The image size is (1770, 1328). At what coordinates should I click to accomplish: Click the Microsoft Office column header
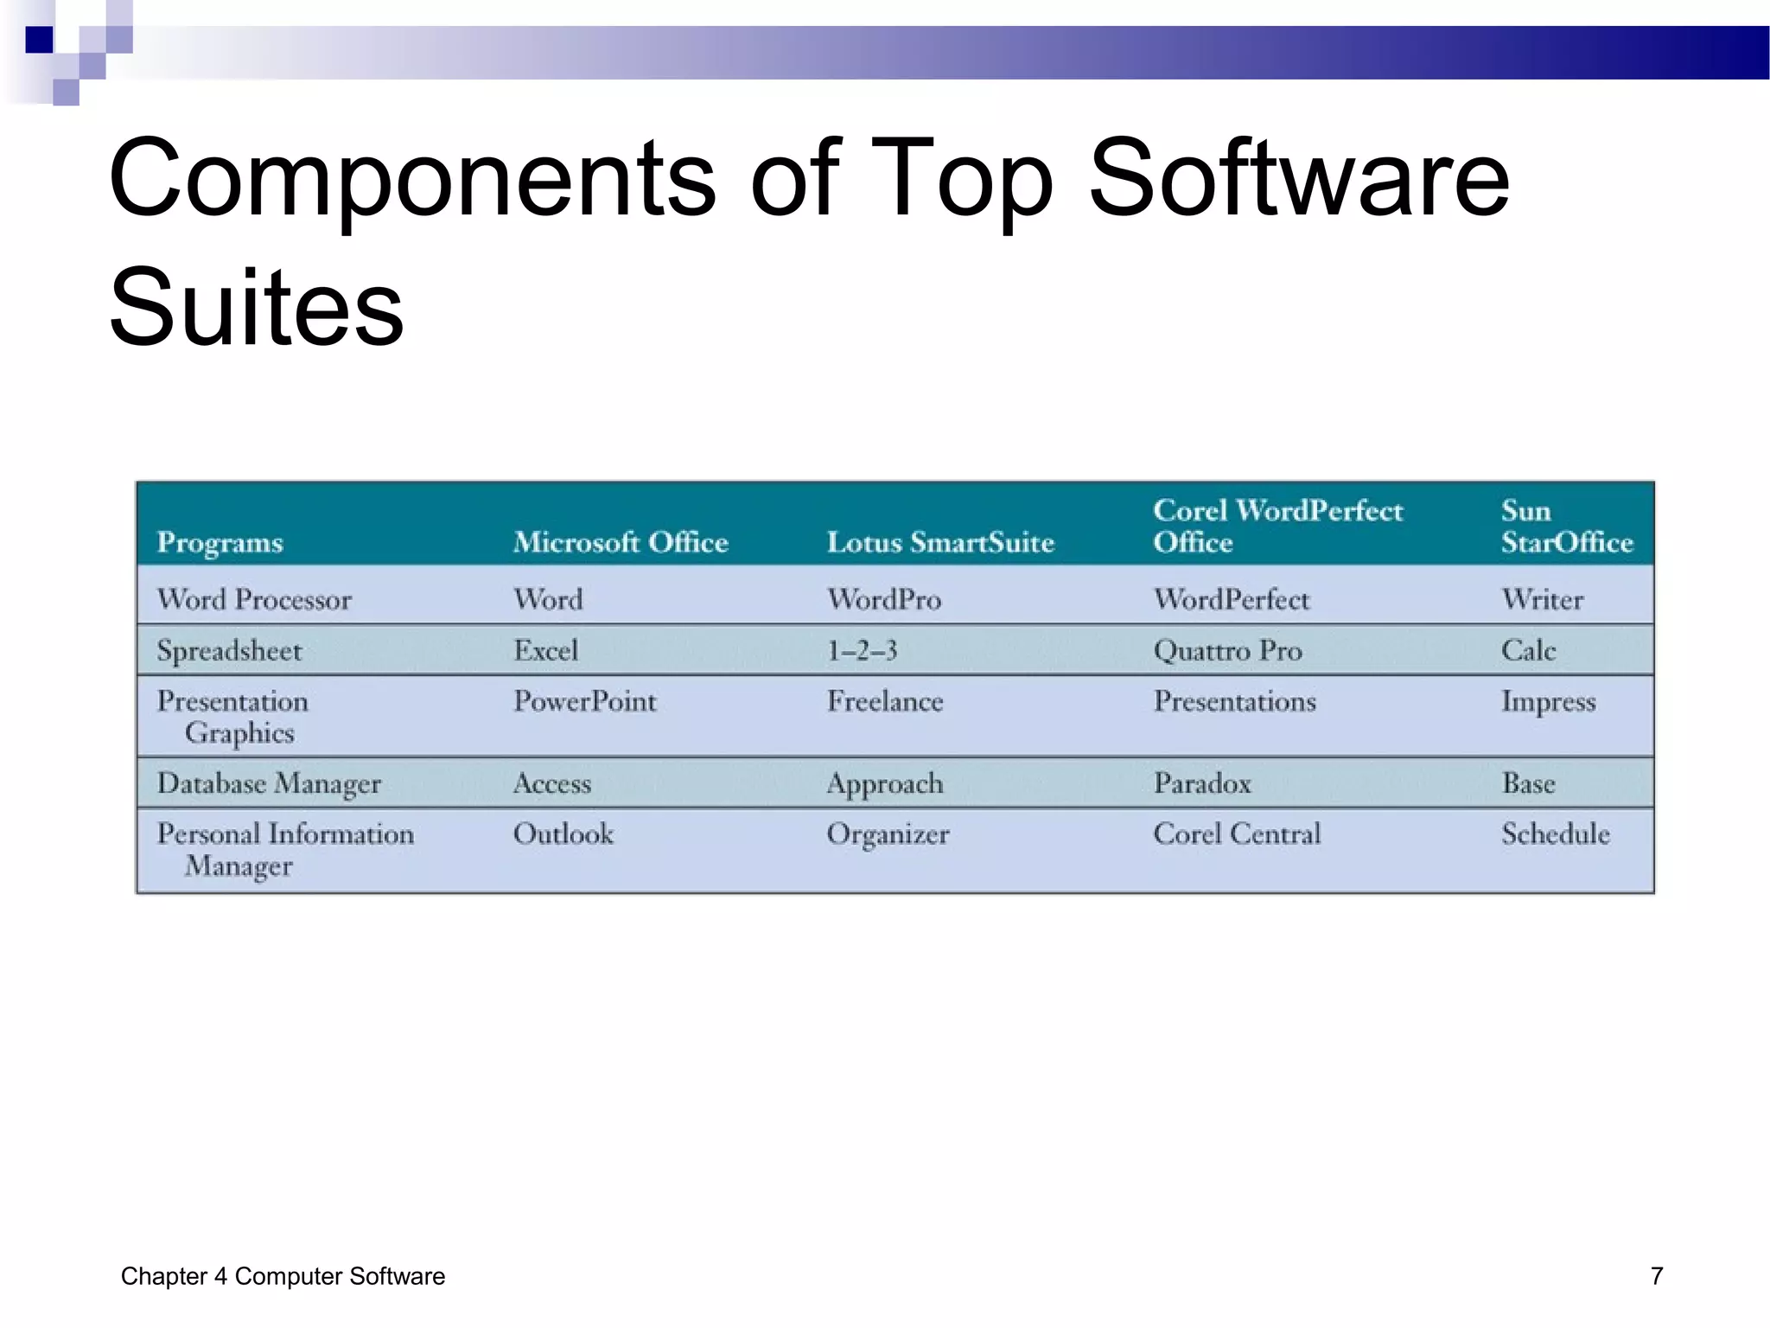tap(621, 542)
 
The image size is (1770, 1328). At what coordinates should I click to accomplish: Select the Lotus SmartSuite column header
tap(940, 542)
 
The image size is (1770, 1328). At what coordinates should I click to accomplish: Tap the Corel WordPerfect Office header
tap(1277, 526)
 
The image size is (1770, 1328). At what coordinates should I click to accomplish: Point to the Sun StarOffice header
tap(1566, 526)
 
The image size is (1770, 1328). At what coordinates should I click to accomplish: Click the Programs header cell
tap(220, 542)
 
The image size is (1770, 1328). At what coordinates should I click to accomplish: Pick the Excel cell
tap(545, 650)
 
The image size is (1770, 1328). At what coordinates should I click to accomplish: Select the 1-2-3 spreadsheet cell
tap(862, 650)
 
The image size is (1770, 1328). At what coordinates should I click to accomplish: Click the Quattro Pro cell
tap(1227, 650)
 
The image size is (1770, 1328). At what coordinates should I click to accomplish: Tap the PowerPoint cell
tap(585, 701)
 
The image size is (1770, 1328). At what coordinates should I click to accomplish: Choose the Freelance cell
tap(885, 701)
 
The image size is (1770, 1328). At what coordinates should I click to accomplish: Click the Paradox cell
tap(1202, 783)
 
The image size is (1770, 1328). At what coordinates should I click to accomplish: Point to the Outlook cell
tap(563, 834)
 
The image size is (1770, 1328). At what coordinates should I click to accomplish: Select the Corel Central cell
tap(1237, 834)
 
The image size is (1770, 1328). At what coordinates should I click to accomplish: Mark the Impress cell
tap(1548, 701)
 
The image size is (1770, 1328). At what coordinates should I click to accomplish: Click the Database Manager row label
tap(269, 783)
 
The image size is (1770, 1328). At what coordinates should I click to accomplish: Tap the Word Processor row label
tap(254, 599)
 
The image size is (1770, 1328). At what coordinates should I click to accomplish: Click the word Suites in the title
tap(257, 307)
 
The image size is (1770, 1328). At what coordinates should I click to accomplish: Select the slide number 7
tap(1656, 1276)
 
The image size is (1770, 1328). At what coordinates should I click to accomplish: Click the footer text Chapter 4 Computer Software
tap(283, 1276)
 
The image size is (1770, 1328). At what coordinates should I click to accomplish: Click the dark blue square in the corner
tap(39, 40)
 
